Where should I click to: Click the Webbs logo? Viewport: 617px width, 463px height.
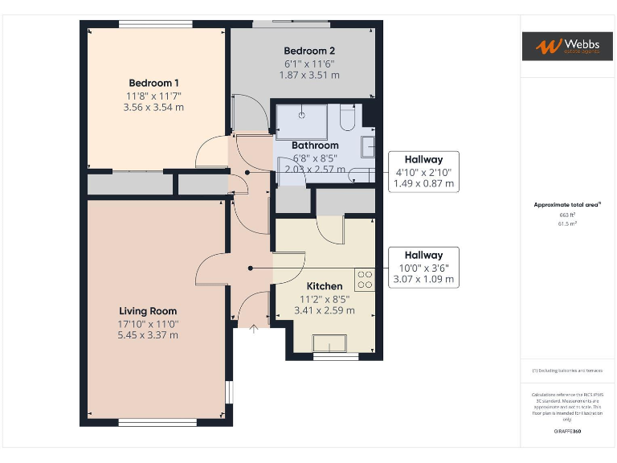click(568, 46)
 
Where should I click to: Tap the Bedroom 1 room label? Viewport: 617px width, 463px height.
click(153, 83)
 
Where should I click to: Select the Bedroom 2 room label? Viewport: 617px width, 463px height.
click(308, 51)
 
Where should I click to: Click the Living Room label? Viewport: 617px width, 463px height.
click(148, 311)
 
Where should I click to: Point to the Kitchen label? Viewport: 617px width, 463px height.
click(325, 286)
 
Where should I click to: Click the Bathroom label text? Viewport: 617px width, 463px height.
click(315, 145)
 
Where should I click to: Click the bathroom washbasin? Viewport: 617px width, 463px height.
click(368, 146)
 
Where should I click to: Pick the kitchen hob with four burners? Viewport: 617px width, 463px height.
click(365, 279)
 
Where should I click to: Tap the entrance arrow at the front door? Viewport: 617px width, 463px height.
click(254, 327)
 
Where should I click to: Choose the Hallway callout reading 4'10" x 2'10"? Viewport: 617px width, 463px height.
click(423, 171)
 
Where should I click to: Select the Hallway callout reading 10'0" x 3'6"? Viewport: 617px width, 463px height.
click(423, 268)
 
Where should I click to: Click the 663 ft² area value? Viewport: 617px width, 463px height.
click(568, 215)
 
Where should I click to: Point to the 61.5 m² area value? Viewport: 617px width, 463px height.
click(568, 224)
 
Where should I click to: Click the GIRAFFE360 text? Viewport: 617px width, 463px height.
click(568, 432)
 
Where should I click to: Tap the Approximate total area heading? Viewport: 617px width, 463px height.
click(567, 205)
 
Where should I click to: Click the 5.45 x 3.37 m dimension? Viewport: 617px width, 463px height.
click(148, 335)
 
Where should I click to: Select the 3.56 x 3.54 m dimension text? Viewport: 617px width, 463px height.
click(153, 107)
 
